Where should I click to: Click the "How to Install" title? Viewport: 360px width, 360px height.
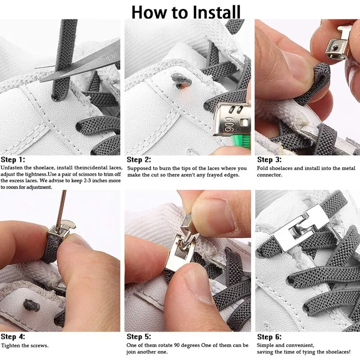186,12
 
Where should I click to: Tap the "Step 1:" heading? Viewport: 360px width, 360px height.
13,160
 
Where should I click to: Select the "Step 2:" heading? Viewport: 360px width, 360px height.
139,160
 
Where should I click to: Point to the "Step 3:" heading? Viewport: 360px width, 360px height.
269,160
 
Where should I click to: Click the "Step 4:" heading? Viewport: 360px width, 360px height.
13,337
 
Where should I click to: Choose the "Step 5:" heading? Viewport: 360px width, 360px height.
139,337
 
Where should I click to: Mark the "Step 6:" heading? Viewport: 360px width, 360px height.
269,337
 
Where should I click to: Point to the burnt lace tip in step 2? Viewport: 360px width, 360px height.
181,81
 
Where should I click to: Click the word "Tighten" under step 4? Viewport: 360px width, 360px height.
11,346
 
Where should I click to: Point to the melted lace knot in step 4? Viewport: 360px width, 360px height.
31,306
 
